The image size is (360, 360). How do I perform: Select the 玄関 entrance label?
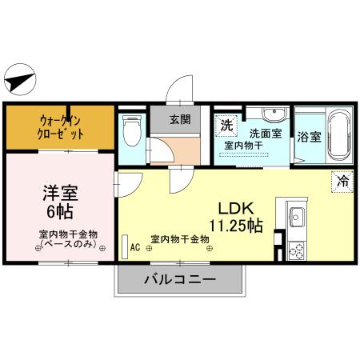click(180, 120)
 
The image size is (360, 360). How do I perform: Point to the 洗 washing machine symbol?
click(226, 125)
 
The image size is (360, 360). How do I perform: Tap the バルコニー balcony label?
click(180, 280)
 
